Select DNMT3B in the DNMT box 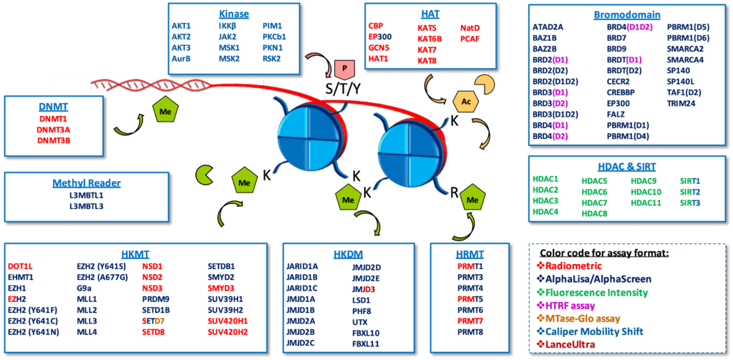tap(54, 140)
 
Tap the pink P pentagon tap(344, 69)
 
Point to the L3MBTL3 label tap(86, 207)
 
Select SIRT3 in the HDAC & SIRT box tap(689, 203)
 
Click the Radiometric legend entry tap(595, 266)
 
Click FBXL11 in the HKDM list tap(366, 344)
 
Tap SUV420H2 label tap(228, 332)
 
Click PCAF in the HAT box tap(470, 39)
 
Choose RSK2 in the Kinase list tap(272, 59)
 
